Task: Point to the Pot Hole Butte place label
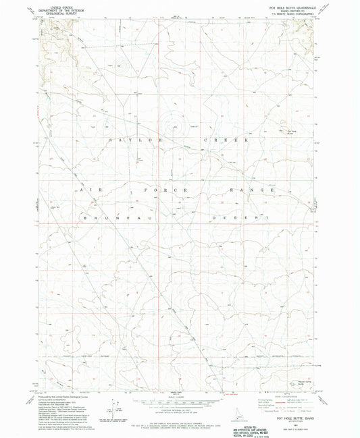[297, 132]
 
